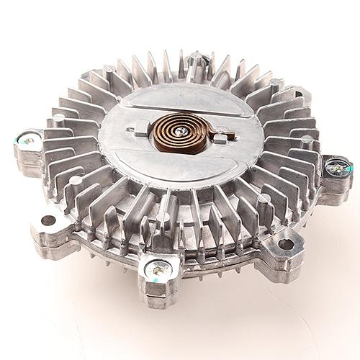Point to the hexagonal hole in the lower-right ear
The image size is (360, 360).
[286, 243]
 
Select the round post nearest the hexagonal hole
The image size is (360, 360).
[264, 197]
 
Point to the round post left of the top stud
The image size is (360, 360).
[109, 69]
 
